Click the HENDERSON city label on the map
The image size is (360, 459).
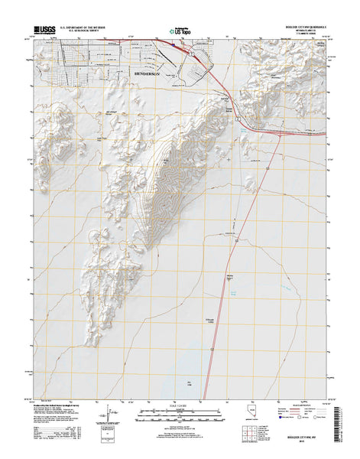coord(147,75)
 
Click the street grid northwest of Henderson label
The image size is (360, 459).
coord(76,65)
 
